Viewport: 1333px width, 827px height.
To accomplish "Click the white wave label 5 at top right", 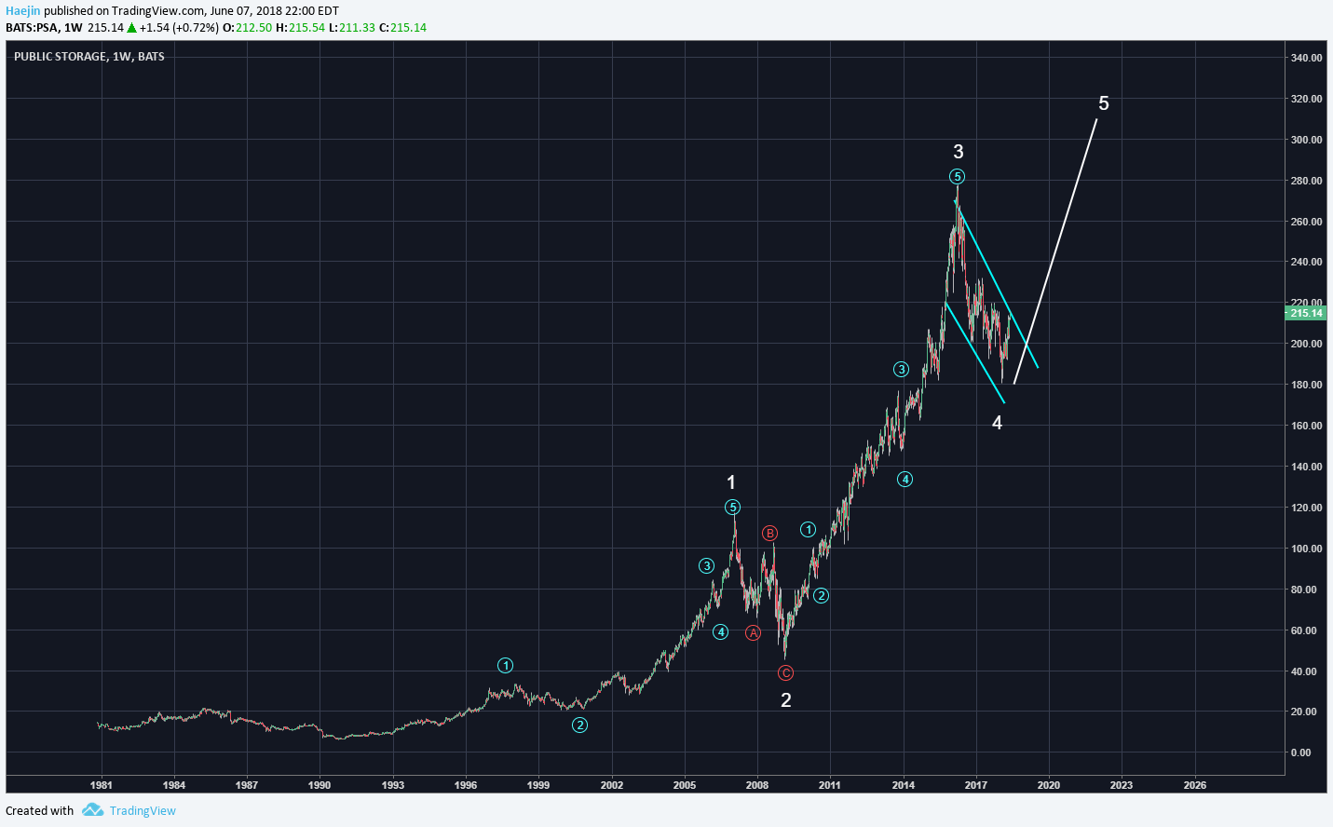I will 1104,103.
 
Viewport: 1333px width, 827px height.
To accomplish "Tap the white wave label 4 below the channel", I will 997,423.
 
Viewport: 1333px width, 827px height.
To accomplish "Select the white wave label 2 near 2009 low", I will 785,700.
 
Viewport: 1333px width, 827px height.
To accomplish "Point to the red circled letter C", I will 785,672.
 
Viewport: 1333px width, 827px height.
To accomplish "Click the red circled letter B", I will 769,534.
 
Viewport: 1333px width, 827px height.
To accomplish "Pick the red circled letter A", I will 753,633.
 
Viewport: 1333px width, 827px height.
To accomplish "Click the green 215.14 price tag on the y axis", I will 1306,313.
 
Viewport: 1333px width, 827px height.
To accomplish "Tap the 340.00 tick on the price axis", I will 1306,58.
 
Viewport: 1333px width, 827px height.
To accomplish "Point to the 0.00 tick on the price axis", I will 1300,752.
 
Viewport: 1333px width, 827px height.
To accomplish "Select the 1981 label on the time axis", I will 101,785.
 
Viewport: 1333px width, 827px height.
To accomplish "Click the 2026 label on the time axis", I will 1194,785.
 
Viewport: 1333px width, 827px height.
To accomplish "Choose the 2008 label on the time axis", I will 757,785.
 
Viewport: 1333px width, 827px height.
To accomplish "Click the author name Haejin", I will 23,11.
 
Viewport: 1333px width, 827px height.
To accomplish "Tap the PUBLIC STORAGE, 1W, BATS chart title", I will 89,57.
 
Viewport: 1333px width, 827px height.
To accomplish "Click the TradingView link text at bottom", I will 143,811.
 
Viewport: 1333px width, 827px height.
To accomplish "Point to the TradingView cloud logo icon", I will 92,810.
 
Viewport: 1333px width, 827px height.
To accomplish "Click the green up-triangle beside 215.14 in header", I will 132,28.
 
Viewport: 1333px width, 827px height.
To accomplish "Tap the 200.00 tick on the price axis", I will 1306,344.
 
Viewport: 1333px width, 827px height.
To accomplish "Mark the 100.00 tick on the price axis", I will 1306,549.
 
